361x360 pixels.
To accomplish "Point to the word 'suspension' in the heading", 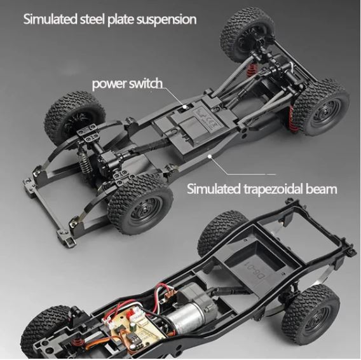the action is (x=167, y=20).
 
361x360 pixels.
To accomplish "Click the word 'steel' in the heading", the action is (x=92, y=19).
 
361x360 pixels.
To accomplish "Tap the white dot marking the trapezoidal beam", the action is (x=209, y=156).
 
